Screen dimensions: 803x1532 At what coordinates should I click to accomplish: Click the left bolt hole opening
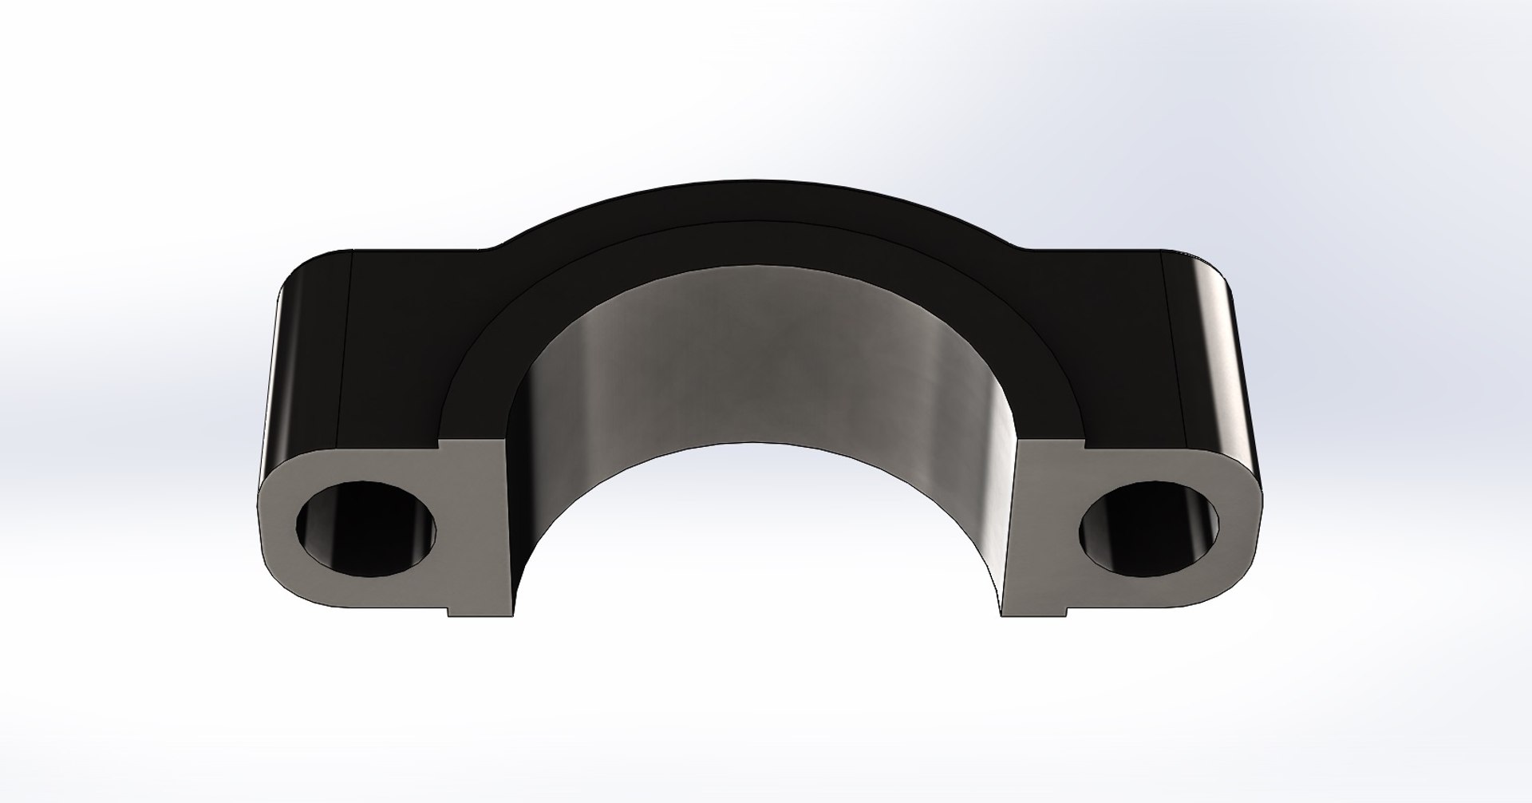click(368, 529)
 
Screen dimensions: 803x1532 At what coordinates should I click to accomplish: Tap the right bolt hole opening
click(1149, 529)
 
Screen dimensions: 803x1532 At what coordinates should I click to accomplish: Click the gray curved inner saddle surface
click(758, 359)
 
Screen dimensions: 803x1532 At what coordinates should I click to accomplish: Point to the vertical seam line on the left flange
click(346, 351)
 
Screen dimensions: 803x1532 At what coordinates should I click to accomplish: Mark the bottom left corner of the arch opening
click(512, 615)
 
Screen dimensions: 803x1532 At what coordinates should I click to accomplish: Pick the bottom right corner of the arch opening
click(1002, 615)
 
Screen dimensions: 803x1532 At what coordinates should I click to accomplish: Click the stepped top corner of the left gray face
click(442, 441)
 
